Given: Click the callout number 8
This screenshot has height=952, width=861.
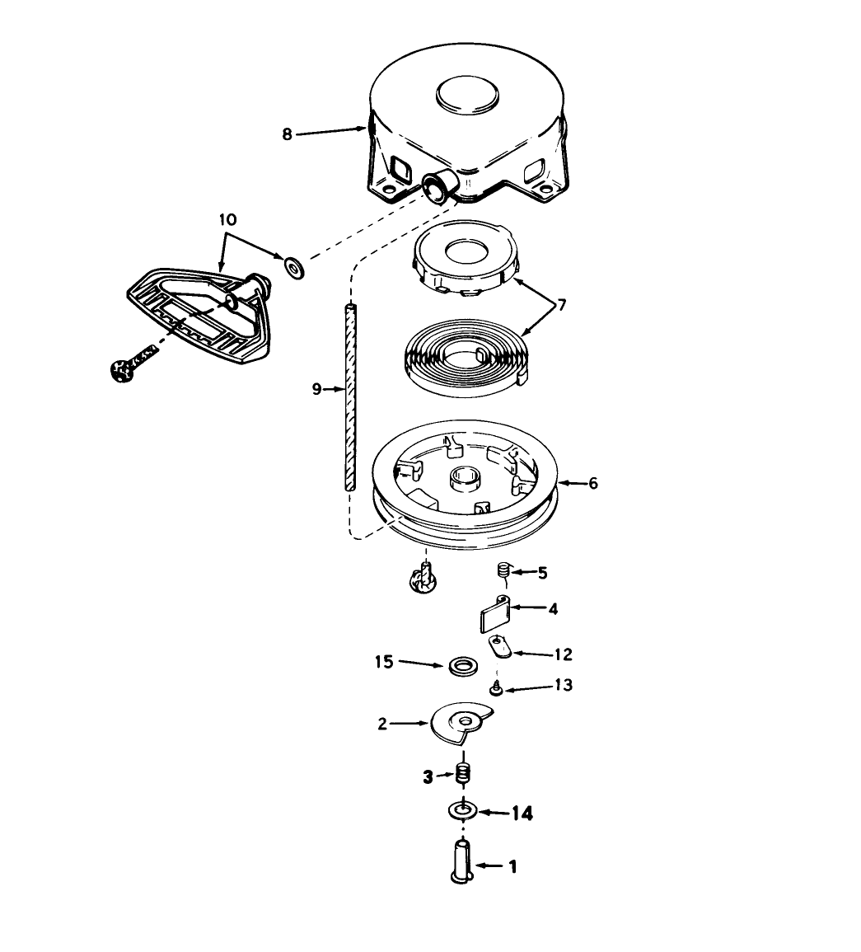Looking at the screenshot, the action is pos(287,134).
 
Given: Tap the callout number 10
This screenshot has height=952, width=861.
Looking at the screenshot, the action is pos(227,220).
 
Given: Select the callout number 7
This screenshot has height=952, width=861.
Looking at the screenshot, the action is pos(562,305).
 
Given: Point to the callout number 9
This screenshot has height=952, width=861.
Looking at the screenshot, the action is pos(316,389).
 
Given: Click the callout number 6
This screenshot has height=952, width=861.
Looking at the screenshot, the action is pos(592,483).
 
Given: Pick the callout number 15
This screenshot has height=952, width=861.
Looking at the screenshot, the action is pos(384,662).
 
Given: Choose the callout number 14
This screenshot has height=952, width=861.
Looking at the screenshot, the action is pos(522,813).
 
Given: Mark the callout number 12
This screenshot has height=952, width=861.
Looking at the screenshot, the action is pos(563,654).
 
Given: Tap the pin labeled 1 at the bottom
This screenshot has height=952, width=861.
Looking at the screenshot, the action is pos(462,861).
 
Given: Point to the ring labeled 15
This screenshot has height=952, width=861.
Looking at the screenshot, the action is pos(463,666).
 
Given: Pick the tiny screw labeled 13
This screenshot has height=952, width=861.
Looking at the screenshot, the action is pos(496,689).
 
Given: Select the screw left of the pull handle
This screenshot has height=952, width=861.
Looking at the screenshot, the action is pos(133,363).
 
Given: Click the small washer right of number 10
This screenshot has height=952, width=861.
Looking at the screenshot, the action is pos(294,266).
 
